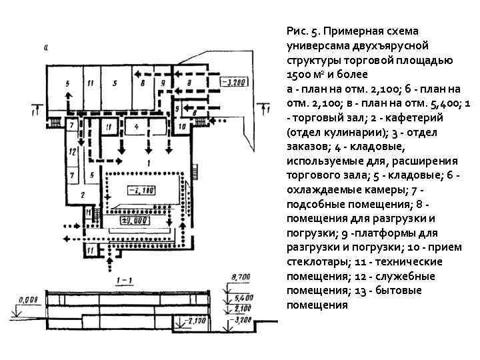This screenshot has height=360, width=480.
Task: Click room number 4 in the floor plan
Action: pyautogui.click(x=136, y=125)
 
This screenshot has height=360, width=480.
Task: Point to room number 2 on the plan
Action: pyautogui.click(x=83, y=194)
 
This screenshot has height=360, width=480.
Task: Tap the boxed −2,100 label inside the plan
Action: pyautogui.click(x=143, y=191)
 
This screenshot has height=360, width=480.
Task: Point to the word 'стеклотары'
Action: pyautogui.click(x=314, y=261)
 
